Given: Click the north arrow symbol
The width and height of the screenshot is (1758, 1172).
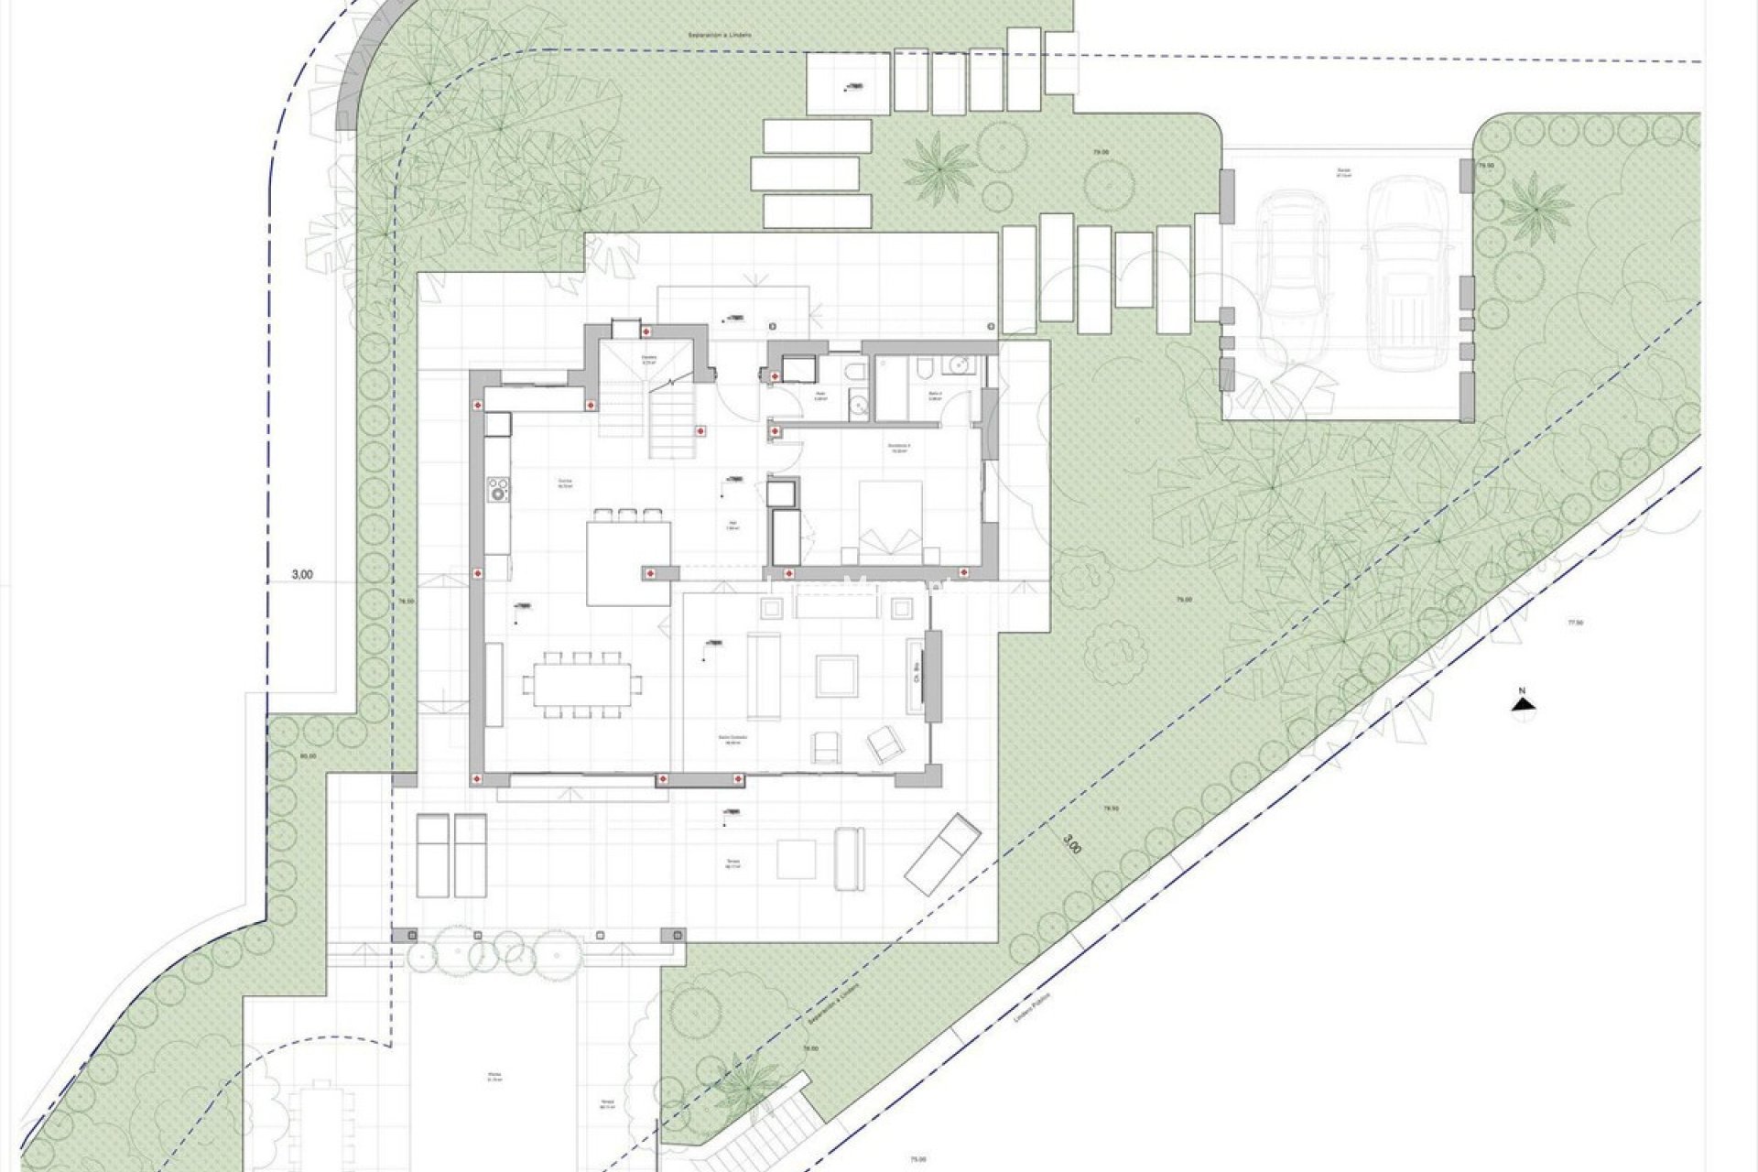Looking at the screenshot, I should coord(1522,703).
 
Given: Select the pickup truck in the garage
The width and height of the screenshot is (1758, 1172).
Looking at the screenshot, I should coord(1401,274).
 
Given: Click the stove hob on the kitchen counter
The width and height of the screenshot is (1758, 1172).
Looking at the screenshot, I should coord(498,489).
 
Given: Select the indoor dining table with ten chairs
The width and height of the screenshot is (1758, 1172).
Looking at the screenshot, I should coord(582,685).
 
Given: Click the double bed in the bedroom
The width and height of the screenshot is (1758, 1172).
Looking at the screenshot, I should coord(891,518).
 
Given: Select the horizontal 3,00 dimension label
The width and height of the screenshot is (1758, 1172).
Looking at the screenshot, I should coord(302,575).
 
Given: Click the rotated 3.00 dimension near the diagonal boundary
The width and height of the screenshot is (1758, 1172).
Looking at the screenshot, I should coord(1072,843).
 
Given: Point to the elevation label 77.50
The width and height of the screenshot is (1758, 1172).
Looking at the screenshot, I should coord(1575,623).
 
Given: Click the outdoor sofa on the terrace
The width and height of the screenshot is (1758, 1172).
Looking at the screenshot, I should coord(848,858).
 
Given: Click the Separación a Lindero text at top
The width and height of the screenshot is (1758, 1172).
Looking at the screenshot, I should coord(720,35).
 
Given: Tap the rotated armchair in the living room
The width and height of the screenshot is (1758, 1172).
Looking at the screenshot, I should coord(884,743).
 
